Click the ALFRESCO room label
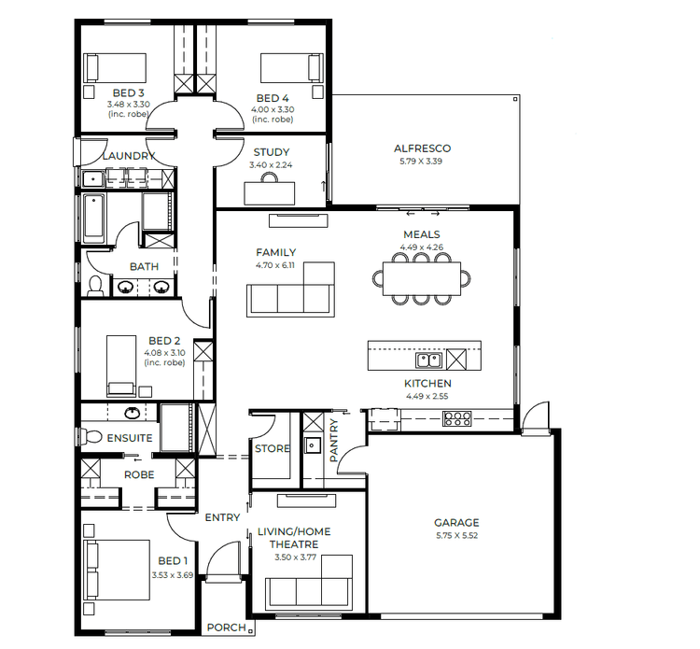click(422, 148)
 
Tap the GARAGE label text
click(456, 523)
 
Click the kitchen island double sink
click(429, 360)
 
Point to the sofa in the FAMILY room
click(290, 298)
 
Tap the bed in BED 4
click(290, 68)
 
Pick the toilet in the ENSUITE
click(92, 435)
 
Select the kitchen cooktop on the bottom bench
click(458, 419)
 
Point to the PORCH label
click(225, 628)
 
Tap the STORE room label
click(273, 449)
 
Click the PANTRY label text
click(334, 440)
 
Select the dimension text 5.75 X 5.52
click(456, 536)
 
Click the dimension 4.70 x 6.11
click(275, 265)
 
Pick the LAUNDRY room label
click(128, 156)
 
